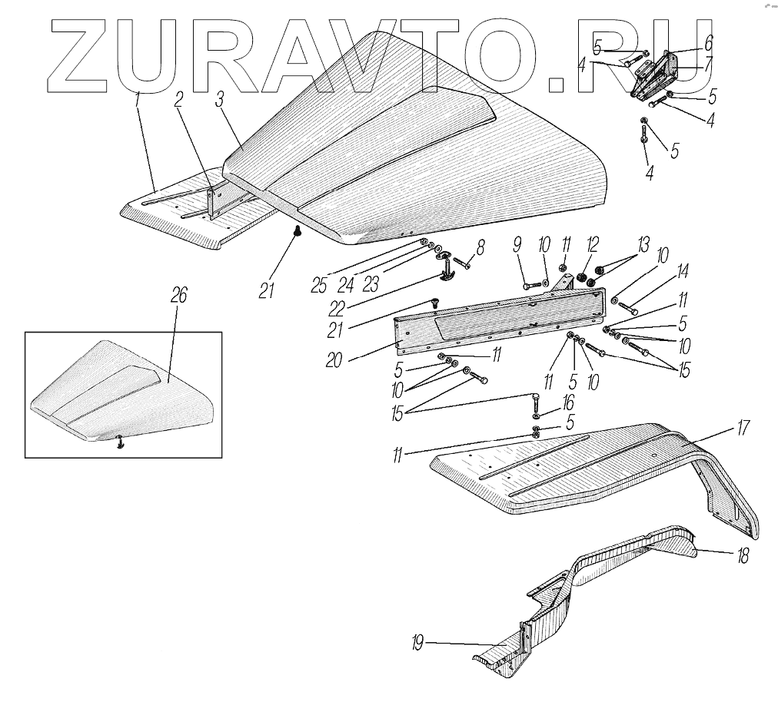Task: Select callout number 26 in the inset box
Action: pos(181,296)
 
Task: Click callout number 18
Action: pos(742,557)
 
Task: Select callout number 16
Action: pos(567,402)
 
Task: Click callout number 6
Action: pos(708,40)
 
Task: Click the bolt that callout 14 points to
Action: pos(627,310)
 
